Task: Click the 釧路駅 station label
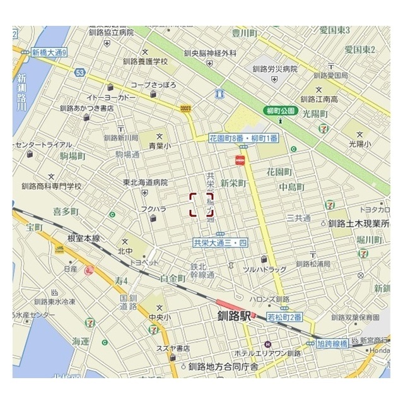point(234,317)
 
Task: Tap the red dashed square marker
point(202,205)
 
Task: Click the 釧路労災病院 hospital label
point(274,69)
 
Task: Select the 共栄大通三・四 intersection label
point(221,242)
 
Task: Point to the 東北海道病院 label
point(146,182)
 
